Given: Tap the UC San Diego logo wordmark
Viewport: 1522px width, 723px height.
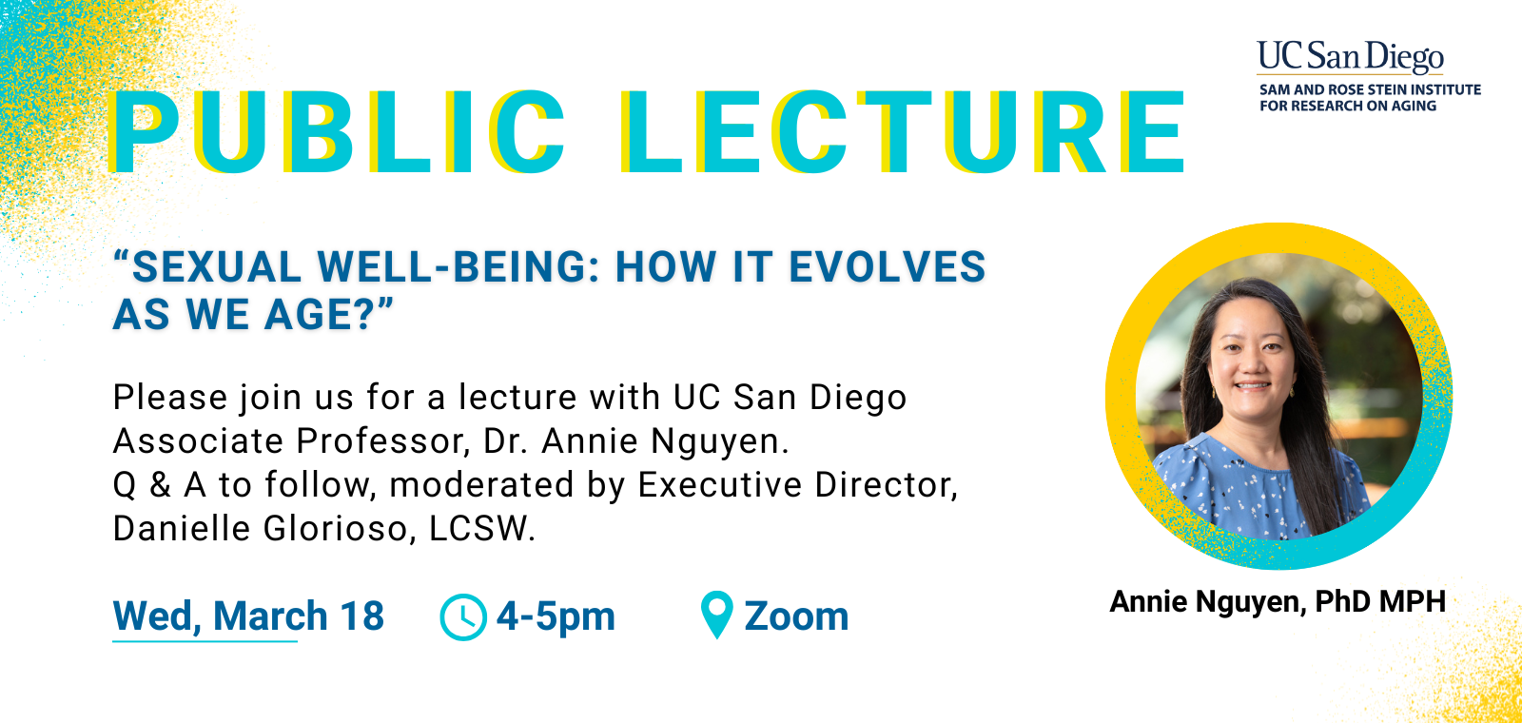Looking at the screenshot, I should [1350, 56].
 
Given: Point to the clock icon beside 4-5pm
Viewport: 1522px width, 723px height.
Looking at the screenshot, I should [463, 616].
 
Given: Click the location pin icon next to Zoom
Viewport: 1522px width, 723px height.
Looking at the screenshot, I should [716, 615].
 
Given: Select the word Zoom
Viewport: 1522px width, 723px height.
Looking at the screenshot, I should [796, 616].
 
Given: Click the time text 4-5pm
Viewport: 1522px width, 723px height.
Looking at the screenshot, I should [556, 616].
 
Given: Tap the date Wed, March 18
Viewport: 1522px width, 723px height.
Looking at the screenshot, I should [248, 616].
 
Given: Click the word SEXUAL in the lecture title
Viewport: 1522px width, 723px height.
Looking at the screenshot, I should [216, 267].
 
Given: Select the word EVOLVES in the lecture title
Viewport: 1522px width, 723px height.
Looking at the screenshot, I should [888, 267].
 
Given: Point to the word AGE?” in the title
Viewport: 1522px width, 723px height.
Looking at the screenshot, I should [329, 315].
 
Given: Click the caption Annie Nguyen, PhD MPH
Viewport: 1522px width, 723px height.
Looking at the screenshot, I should [1278, 601].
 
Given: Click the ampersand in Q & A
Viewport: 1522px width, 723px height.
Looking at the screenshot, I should [161, 485].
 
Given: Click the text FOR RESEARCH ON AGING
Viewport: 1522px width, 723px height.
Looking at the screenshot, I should [1348, 106].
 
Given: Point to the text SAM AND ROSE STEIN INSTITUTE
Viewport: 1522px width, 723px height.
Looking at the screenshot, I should [1370, 89].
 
